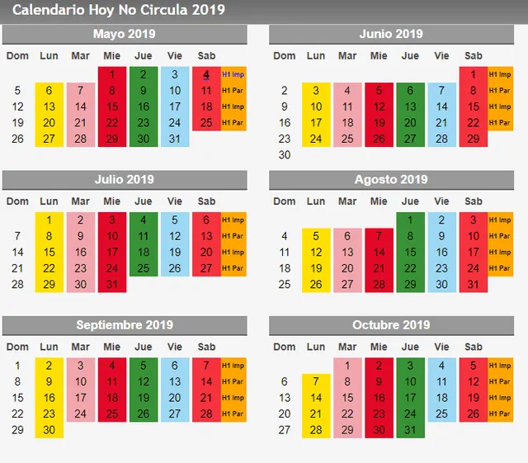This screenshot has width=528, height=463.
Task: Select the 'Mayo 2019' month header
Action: [x=125, y=34]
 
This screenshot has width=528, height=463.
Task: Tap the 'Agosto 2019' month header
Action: [x=391, y=179]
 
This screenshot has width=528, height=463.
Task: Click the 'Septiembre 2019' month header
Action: [x=125, y=324]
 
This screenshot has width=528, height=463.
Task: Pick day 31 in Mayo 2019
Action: [x=175, y=139]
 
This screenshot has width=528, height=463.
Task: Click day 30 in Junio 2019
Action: [x=285, y=154]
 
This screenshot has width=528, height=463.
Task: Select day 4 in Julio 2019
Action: [x=144, y=220]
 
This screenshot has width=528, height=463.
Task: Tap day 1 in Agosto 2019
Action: [x=410, y=220]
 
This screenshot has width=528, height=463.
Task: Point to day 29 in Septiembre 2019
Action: [x=18, y=430]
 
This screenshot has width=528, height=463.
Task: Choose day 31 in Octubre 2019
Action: [x=410, y=430]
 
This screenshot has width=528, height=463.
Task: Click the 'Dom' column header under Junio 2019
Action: [x=285, y=55]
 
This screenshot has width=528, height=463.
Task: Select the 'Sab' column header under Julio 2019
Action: [x=206, y=201]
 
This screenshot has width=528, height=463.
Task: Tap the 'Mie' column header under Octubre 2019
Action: [x=379, y=347]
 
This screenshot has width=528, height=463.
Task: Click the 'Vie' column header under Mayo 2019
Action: [x=175, y=55]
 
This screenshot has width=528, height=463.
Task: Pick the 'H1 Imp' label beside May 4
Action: [x=233, y=74]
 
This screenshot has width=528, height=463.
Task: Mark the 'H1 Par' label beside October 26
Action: [x=500, y=414]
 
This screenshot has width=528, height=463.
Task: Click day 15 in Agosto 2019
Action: [x=410, y=253]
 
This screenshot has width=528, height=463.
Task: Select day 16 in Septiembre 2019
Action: [x=49, y=398]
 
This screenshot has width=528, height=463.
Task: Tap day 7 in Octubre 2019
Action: [x=316, y=381]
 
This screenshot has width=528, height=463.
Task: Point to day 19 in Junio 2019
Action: [x=379, y=122]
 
